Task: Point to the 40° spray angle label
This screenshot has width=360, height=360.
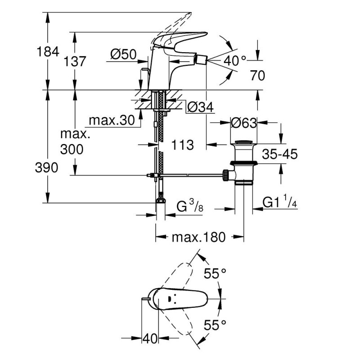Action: click(x=235, y=60)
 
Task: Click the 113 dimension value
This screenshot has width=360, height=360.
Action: click(x=182, y=145)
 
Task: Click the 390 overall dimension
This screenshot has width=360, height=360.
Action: click(x=47, y=168)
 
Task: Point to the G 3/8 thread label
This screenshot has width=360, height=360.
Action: click(x=189, y=207)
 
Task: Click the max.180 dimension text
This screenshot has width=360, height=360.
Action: click(x=198, y=237)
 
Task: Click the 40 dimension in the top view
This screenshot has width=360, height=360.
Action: click(x=149, y=339)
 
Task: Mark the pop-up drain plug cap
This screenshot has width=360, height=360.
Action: click(x=243, y=144)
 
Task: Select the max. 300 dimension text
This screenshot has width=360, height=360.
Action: click(x=72, y=142)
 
